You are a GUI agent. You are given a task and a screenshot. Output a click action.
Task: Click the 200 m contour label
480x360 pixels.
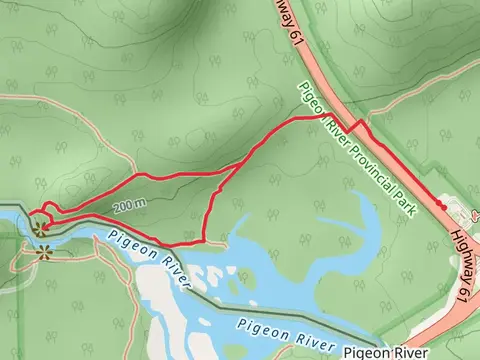click(129, 205)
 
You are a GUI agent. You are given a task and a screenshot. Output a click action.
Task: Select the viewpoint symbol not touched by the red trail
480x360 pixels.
click(42, 253)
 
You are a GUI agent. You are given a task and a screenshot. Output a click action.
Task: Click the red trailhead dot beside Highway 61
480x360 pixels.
click(439, 203)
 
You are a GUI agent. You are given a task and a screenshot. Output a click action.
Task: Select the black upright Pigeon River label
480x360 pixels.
click(385, 353)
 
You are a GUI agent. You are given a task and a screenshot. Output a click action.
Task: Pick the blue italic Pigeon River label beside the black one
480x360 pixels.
click(284, 336)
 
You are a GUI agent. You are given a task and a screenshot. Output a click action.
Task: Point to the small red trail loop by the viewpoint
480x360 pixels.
click(44, 213)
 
